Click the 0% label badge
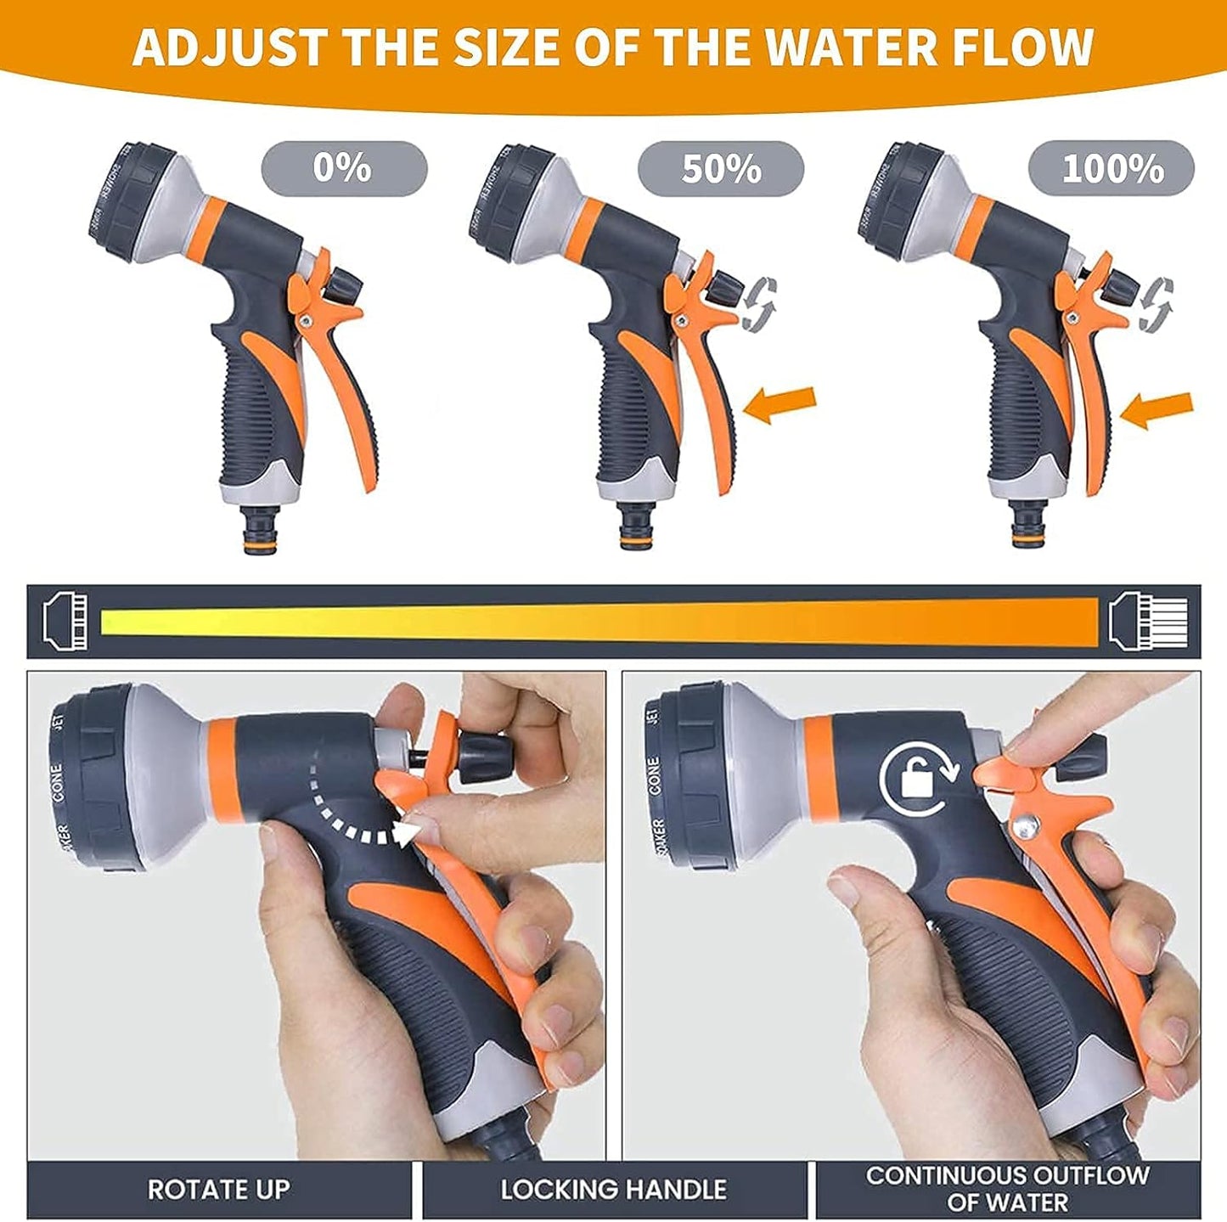pos(343,168)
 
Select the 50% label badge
pos(720,168)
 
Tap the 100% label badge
pos(1111,168)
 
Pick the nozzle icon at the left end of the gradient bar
pos(65,621)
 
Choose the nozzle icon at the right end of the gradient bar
pos(1151,621)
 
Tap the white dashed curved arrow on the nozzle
pos(357,807)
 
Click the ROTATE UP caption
pos(218,1190)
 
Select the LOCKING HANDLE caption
pos(613,1190)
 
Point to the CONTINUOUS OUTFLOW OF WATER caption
pos(1007,1189)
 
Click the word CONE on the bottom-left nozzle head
pos(57,783)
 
